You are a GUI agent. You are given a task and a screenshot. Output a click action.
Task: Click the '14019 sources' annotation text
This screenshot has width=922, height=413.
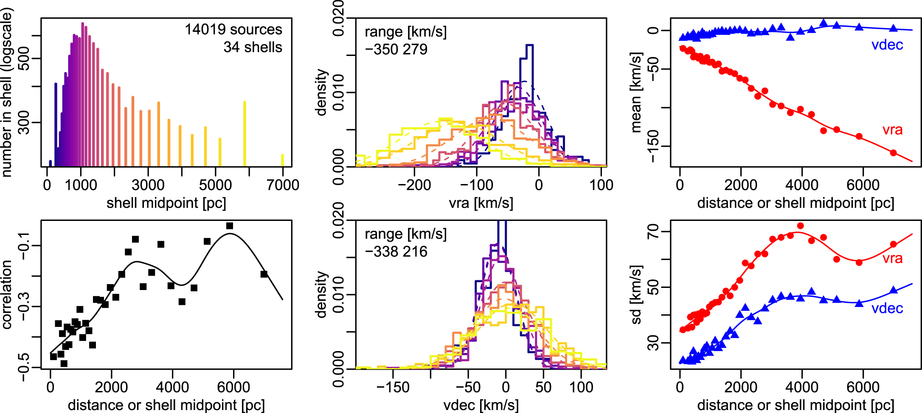coord(233,29)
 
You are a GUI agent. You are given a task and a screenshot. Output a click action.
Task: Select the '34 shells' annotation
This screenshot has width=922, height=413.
coord(253,47)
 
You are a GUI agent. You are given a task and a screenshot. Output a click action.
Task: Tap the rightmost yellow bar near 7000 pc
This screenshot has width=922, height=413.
coord(282,160)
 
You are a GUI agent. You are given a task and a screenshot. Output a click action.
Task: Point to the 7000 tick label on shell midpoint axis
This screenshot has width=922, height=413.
coord(283,185)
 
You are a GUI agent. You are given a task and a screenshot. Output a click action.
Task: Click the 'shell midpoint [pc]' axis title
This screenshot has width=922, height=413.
coord(166,203)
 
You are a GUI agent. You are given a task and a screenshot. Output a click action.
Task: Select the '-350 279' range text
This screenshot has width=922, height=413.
coord(396,49)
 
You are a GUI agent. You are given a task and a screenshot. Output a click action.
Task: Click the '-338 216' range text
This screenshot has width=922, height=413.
coord(396,251)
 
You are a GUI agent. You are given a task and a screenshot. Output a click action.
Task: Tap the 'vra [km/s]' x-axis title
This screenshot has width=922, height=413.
coord(481,203)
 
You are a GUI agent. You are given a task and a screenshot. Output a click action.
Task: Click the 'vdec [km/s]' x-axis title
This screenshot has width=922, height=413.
coord(481,405)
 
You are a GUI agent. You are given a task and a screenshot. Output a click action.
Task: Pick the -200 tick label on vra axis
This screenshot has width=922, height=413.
coord(414,185)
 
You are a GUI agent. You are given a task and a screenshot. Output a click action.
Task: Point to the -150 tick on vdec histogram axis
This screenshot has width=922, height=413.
coord(393,387)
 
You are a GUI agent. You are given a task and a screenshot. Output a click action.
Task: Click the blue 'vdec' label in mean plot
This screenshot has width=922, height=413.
coord(887,45)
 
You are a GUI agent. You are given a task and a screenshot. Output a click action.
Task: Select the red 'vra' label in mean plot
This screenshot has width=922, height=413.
coord(892,130)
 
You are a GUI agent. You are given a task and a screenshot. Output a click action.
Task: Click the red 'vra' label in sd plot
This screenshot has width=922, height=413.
coord(892,258)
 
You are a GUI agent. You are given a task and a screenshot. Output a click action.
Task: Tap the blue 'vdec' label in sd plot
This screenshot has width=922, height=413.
coord(887,308)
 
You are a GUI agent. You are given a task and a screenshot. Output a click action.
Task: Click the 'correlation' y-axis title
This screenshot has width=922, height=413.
coord(7,295)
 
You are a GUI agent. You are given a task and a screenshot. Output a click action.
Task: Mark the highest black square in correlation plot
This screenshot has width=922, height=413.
coord(230,226)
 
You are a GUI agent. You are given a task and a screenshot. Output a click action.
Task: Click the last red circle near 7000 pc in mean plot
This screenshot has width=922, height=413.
coord(893,153)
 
